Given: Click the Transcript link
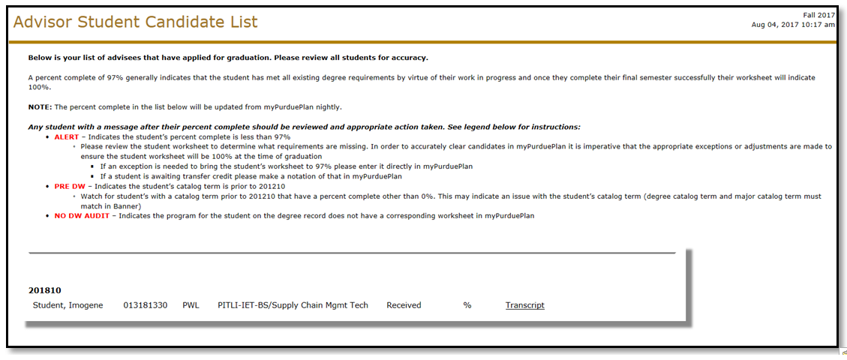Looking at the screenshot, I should click(524, 305).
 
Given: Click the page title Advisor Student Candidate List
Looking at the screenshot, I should click(135, 22).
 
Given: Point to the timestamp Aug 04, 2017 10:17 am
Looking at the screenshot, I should click(792, 25).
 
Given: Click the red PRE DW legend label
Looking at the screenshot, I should click(71, 186).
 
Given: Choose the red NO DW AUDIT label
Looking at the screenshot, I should click(81, 216).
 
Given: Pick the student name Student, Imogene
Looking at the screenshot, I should click(68, 305).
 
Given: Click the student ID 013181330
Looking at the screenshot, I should click(145, 305).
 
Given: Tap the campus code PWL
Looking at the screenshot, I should click(191, 305).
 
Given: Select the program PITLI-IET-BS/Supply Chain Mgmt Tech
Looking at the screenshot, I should click(293, 305).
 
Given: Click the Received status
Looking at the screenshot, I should click(404, 305).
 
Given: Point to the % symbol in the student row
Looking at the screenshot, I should click(467, 305).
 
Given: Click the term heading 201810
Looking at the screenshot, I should click(44, 290).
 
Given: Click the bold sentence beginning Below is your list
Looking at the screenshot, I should click(228, 58).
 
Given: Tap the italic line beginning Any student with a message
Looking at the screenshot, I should click(304, 127).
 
